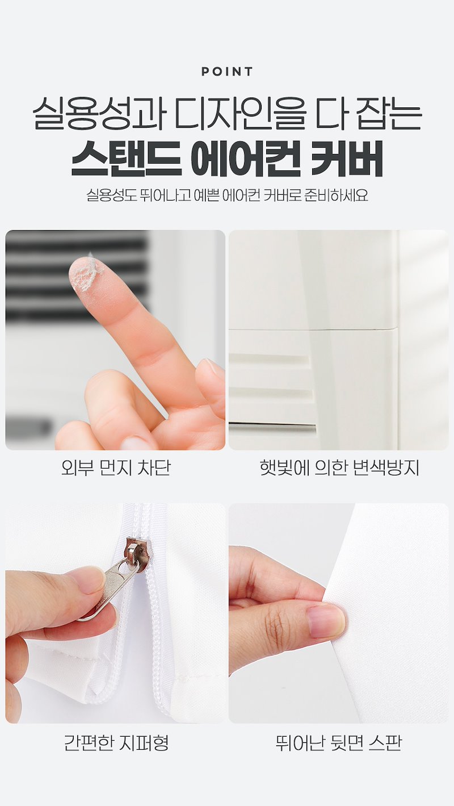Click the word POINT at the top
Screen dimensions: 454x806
(227, 72)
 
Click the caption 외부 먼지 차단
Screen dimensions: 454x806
(115, 468)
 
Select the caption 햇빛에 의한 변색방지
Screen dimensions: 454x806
(339, 468)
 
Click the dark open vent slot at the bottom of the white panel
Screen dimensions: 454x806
(272, 428)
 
